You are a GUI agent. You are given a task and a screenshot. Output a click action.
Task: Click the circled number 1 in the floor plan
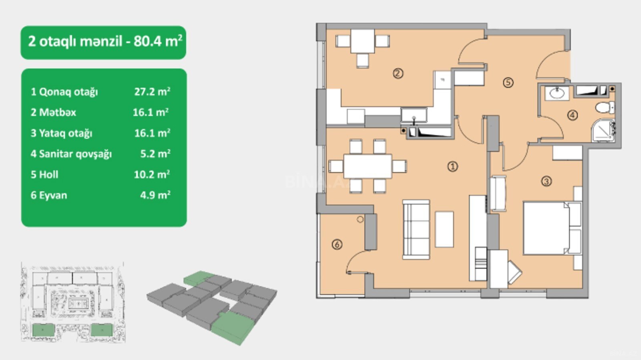pos(452,167)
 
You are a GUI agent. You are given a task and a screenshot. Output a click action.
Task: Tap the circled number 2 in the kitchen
pos(398,74)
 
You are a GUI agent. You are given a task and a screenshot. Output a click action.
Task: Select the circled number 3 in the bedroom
pos(546,181)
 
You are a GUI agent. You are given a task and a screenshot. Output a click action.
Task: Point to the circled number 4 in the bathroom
pos(572,115)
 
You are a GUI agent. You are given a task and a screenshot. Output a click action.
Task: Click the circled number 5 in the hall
pos(508,82)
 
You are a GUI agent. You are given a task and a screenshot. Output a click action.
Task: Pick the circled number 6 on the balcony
pos(337,245)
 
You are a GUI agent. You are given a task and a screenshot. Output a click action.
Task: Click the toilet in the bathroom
pos(605,107)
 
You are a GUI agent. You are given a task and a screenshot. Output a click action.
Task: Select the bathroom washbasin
pos(557,93)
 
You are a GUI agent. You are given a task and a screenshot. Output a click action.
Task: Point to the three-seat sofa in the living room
pos(416,229)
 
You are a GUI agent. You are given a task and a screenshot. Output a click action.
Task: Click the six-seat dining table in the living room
pos(368,166)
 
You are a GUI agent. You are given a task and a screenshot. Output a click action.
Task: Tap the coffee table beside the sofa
pos(444,229)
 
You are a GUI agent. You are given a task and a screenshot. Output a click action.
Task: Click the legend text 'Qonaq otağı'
pos(69,92)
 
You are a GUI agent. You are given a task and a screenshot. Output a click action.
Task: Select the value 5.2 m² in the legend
pos(155,153)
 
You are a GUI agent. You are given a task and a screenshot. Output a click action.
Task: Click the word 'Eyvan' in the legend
pos(53,195)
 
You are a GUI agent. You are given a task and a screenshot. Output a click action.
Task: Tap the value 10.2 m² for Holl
pos(152,174)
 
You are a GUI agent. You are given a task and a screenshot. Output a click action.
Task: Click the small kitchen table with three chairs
pos(363,48)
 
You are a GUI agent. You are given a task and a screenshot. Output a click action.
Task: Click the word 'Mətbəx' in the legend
pos(58,113)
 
